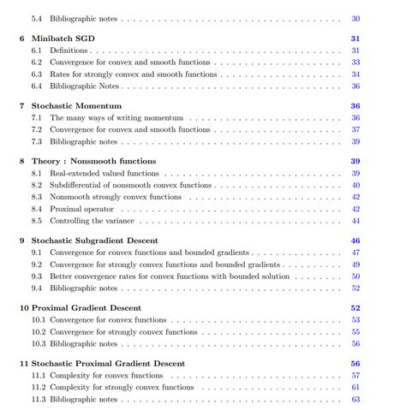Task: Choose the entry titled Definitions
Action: pyautogui.click(x=69, y=51)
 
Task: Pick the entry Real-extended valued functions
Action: pyautogui.click(x=101, y=173)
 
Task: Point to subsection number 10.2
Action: pyautogui.click(x=39, y=331)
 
